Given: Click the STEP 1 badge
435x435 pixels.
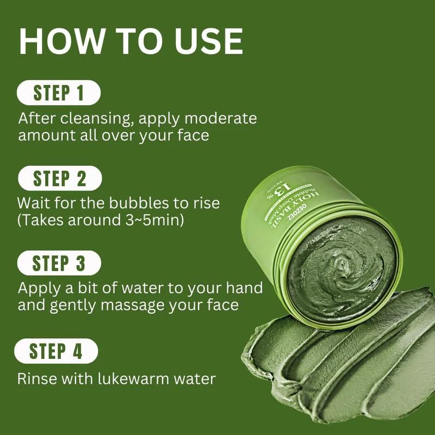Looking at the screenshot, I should click(x=59, y=92).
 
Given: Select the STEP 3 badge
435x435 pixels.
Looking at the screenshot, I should click(x=59, y=264).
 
